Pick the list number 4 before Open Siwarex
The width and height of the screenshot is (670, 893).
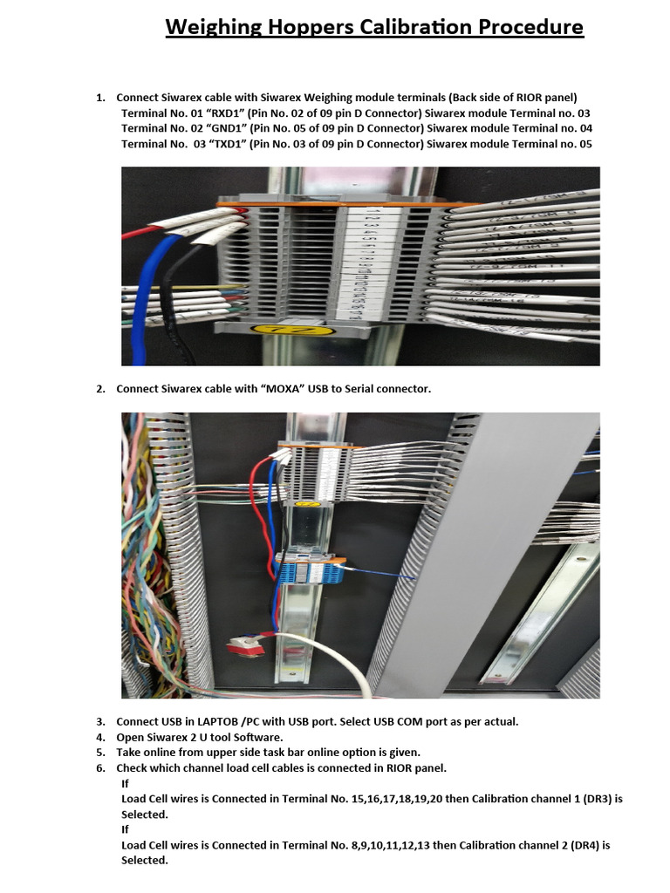(x=99, y=737)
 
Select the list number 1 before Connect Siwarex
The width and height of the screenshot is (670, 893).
(x=99, y=98)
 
